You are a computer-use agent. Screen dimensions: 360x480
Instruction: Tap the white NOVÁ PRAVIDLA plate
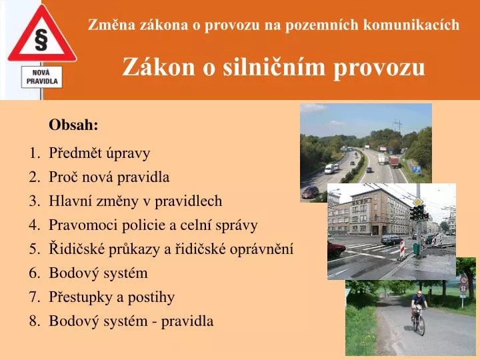point(42,77)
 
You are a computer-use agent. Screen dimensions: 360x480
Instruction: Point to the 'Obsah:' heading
point(73,125)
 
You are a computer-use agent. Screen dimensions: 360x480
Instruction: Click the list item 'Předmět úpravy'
point(99,153)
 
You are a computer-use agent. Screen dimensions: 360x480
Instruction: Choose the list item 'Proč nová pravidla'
point(109,177)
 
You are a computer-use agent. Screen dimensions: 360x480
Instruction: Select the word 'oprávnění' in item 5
point(267,249)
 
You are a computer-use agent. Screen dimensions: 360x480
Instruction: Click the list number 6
point(34,273)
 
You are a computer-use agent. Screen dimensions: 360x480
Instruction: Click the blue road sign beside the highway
point(416,169)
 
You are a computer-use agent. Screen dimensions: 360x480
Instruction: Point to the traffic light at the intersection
point(416,213)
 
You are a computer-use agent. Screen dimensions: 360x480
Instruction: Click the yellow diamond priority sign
point(418,201)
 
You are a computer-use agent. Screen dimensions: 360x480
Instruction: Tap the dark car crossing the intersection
point(391,239)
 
